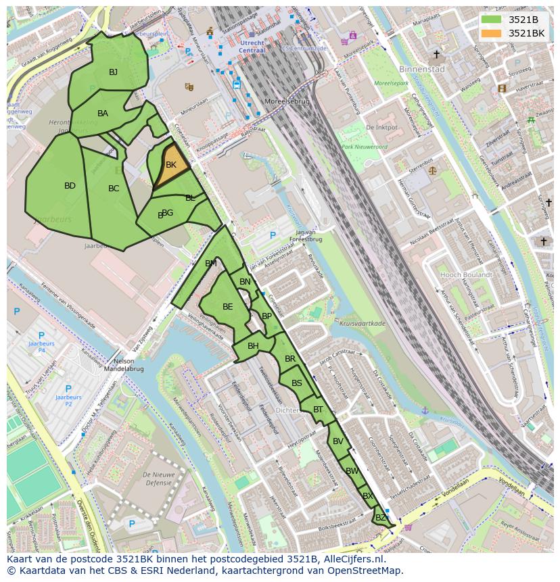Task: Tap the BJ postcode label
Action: point(114,72)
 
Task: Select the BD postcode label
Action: point(70,186)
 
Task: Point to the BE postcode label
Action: point(228,307)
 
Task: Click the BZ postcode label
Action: point(381,518)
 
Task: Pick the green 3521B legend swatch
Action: point(492,20)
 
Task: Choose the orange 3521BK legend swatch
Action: point(492,33)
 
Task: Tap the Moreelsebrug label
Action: point(287,101)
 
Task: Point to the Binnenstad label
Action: point(422,69)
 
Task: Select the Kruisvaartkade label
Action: point(363,324)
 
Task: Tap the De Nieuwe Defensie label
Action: point(158,479)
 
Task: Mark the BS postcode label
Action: point(297,383)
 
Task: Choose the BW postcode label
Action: point(352,471)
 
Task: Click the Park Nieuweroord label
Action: point(365,147)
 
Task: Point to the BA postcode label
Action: point(103,114)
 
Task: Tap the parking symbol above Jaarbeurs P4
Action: point(41,335)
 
